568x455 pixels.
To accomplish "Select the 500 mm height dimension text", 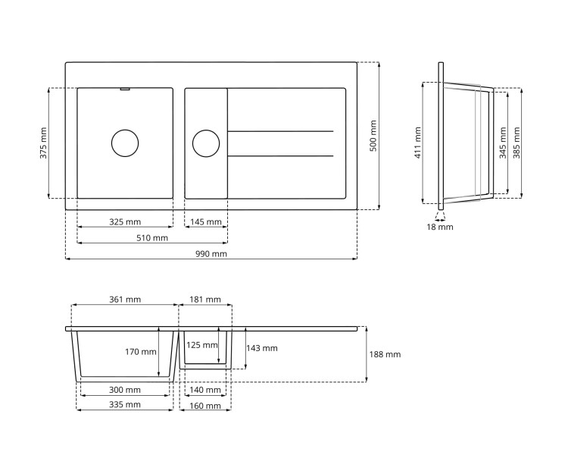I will (373, 136).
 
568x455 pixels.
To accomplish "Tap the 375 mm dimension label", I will (43, 143).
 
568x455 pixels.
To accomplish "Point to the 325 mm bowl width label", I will (125, 222).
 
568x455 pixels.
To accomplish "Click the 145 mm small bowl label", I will (206, 222).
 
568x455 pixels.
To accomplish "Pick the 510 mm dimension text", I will (151, 238).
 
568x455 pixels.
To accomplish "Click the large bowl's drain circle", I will (125, 143).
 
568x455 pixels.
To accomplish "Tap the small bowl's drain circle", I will (205, 143).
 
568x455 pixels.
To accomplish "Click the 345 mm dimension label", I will (503, 141).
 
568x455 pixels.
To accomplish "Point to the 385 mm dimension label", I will (517, 141).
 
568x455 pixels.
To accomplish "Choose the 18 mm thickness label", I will (440, 227).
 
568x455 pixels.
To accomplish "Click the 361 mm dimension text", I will (125, 300).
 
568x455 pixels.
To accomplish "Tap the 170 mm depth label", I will (141, 352).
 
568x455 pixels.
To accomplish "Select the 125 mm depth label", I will (201, 345).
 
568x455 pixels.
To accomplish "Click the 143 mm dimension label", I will (262, 348).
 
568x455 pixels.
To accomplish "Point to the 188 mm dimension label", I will (385, 354).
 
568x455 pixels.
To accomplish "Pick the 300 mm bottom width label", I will (125, 390).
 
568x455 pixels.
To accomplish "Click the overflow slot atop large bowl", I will (125, 89).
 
